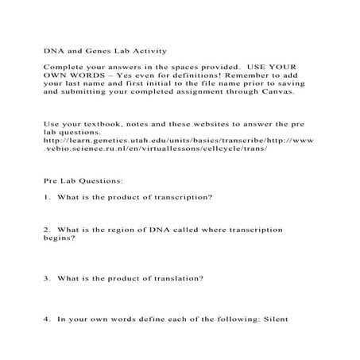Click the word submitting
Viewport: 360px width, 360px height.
click(x=85, y=91)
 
